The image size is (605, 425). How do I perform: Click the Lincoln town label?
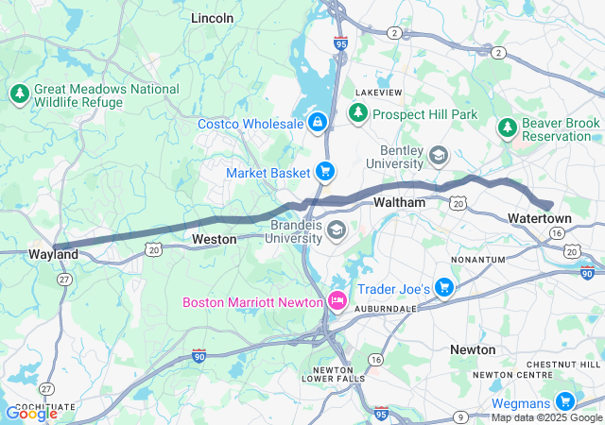tap(212, 18)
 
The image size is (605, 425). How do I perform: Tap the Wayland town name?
tap(53, 255)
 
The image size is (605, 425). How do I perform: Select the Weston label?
tap(214, 240)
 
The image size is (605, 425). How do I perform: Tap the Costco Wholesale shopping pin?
tap(318, 124)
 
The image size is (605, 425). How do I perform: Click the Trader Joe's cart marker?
tap(444, 288)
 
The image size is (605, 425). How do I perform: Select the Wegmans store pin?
tap(564, 401)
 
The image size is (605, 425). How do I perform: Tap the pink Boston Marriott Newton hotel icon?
tap(337, 302)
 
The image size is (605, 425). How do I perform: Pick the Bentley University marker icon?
tap(438, 154)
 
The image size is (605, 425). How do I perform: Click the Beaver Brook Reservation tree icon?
tap(508, 127)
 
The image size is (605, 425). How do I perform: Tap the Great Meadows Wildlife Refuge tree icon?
tap(19, 93)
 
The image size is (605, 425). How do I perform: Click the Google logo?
tap(31, 413)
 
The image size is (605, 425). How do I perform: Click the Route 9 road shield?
tap(458, 416)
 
